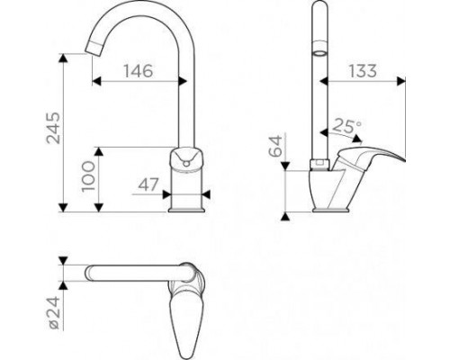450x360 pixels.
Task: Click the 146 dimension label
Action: click(x=139, y=71)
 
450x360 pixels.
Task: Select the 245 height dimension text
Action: click(x=53, y=128)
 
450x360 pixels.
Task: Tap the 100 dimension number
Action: click(x=88, y=176)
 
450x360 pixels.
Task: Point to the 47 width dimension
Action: click(x=148, y=184)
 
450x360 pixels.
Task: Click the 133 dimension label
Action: click(x=363, y=71)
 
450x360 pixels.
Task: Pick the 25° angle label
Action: click(x=347, y=126)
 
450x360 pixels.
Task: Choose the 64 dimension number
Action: click(x=275, y=146)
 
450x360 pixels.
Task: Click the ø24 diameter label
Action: click(x=55, y=312)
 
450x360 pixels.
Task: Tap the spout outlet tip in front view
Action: click(x=93, y=51)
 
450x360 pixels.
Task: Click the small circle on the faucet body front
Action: click(x=186, y=164)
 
